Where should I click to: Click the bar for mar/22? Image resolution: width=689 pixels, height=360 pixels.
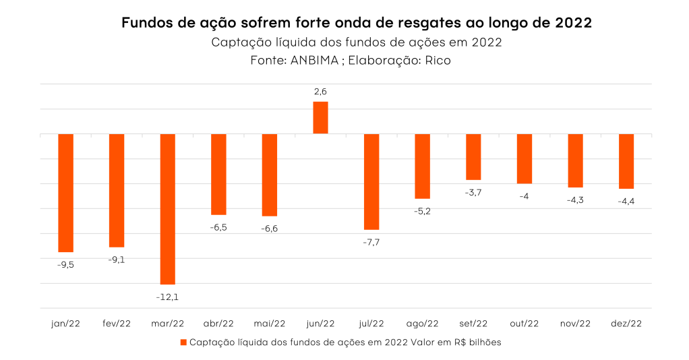tap(167, 209)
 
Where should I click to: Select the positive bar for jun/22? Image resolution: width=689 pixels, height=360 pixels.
tap(320, 118)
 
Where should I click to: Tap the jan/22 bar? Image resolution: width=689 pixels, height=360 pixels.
tap(65, 193)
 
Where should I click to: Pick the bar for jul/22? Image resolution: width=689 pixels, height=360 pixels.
tap(371, 181)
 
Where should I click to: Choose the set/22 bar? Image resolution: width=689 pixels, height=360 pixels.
tap(473, 156)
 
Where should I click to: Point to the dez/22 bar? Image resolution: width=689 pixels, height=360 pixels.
tap(626, 161)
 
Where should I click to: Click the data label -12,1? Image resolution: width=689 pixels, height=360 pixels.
tap(168, 296)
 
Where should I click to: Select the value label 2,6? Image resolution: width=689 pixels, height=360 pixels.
tap(320, 92)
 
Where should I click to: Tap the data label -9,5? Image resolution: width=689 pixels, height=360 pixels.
tap(65, 265)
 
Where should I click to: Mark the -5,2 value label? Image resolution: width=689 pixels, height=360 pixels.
tap(422, 211)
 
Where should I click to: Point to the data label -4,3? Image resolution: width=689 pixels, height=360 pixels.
tap(575, 200)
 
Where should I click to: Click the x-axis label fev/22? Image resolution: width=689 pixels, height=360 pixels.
tap(117, 324)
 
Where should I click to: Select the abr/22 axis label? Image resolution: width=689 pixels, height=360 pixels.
tap(218, 324)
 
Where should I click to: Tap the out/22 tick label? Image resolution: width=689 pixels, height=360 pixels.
tap(524, 324)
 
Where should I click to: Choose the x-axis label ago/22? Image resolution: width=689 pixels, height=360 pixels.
tap(422, 324)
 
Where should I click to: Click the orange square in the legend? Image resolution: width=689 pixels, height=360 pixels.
tap(183, 342)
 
